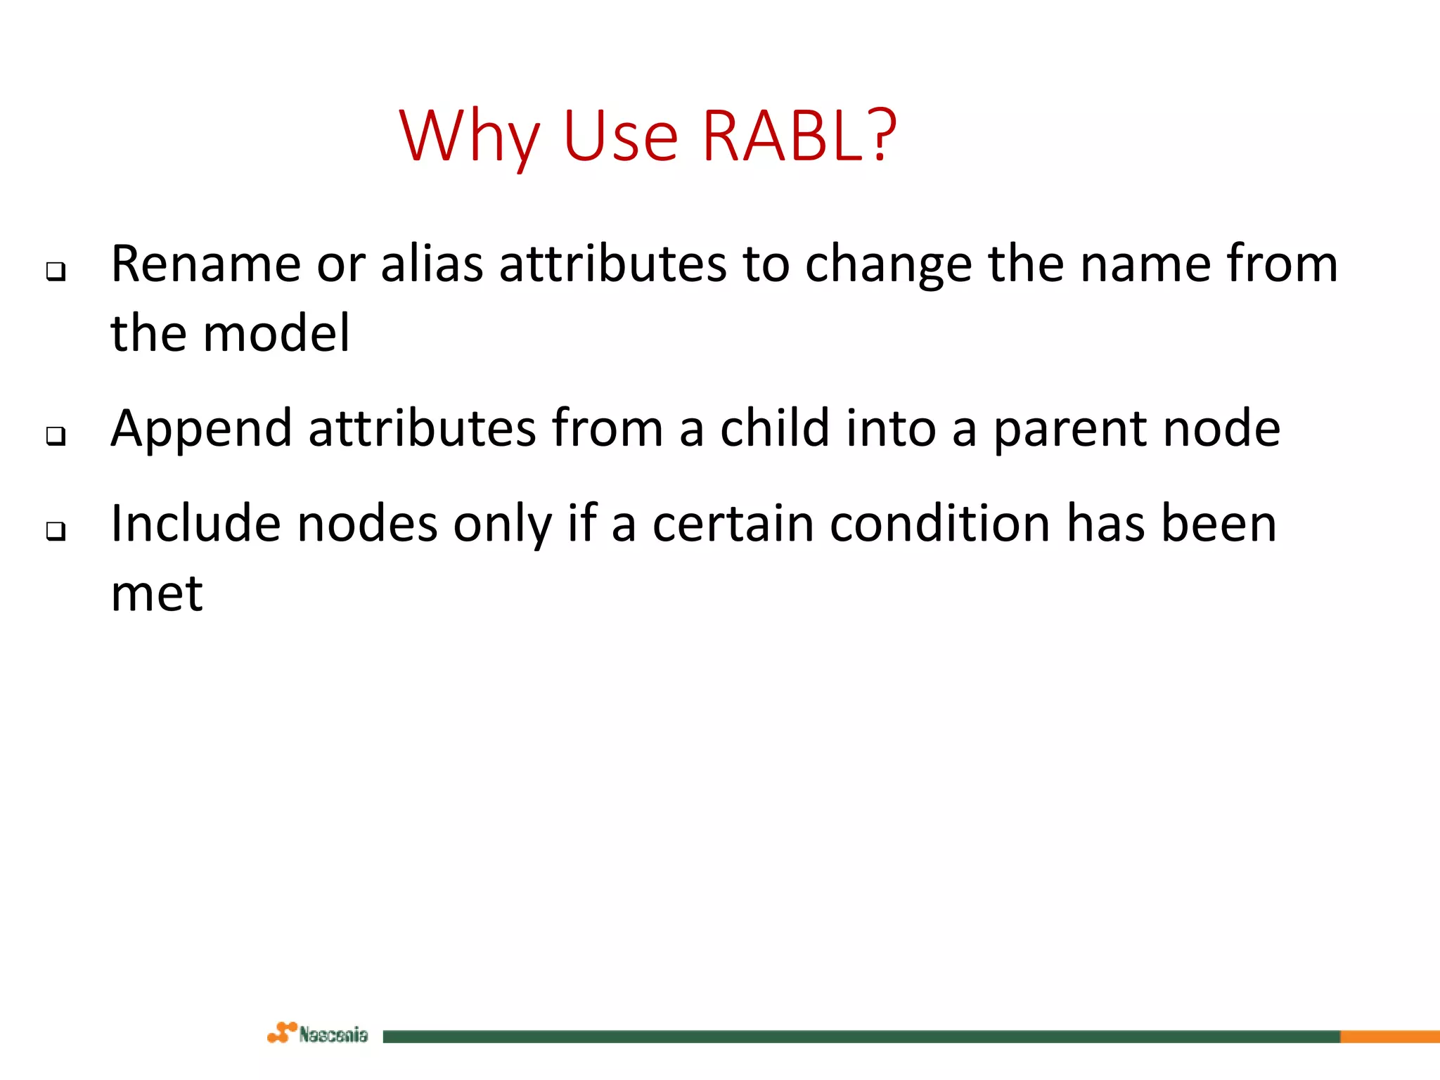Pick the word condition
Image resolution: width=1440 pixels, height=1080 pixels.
coord(939,524)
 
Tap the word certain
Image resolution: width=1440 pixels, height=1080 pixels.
coord(733,524)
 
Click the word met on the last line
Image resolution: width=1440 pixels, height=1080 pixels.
coord(157,594)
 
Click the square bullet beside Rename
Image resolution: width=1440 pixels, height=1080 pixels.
coord(56,271)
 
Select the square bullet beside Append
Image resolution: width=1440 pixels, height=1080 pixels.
coord(56,436)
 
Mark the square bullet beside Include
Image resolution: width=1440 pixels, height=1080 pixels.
coord(56,531)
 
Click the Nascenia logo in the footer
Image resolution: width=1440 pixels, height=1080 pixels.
coord(318,1034)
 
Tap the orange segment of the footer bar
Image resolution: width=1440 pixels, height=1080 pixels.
coord(1389,1036)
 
